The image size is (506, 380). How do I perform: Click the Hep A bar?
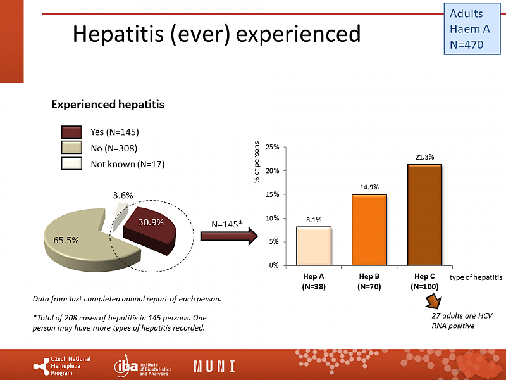point(314,246)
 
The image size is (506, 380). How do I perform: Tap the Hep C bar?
point(424,215)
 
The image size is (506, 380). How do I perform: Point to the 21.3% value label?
point(424,157)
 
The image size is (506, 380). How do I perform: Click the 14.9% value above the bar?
point(369,187)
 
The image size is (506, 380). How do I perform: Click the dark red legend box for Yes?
point(71,132)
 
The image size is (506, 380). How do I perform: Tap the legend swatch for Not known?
point(71,164)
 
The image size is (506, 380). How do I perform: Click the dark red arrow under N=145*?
point(228,236)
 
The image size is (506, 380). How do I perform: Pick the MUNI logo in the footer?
point(215,366)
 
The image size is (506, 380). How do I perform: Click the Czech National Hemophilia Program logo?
point(61,366)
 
